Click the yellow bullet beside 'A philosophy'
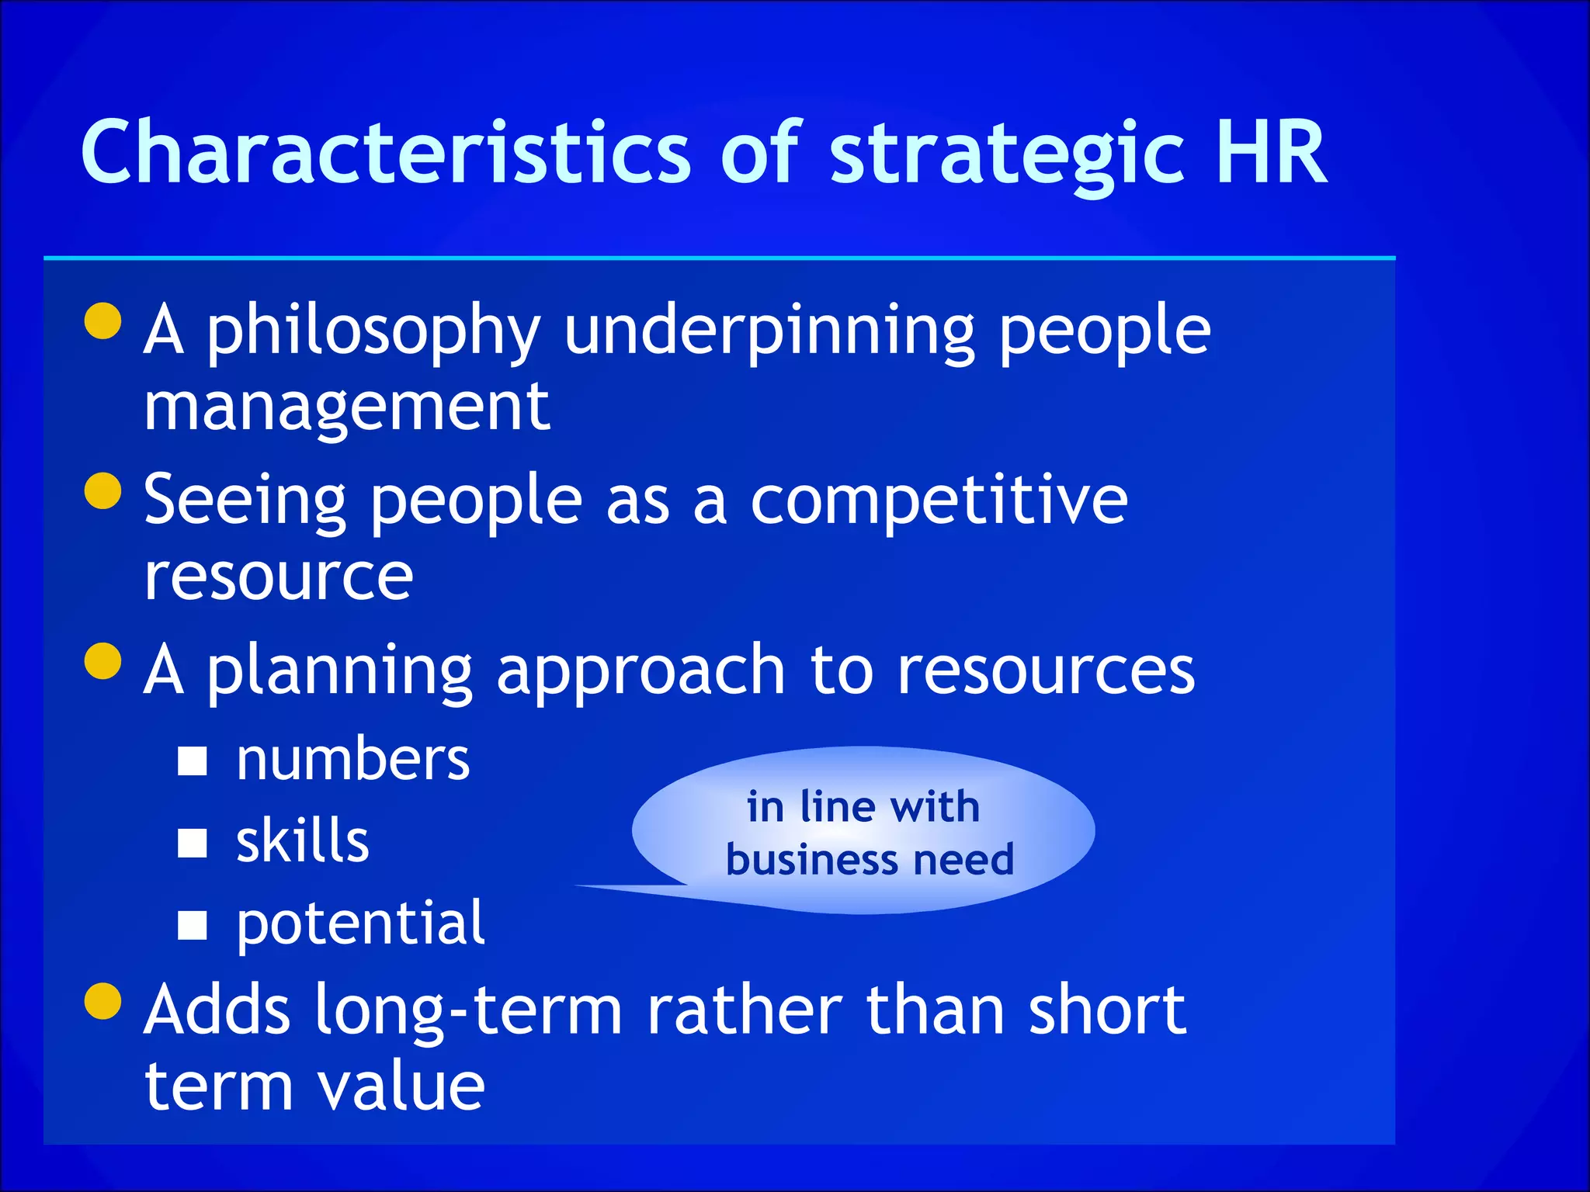[103, 321]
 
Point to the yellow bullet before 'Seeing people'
[103, 490]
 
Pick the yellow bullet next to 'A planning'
[103, 660]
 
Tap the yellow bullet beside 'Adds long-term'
[103, 1000]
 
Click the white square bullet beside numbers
[192, 761]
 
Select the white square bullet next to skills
[192, 843]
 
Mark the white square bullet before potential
[192, 924]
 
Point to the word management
[347, 407]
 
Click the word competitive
[939, 501]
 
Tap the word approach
[641, 671]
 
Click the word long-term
[469, 1010]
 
